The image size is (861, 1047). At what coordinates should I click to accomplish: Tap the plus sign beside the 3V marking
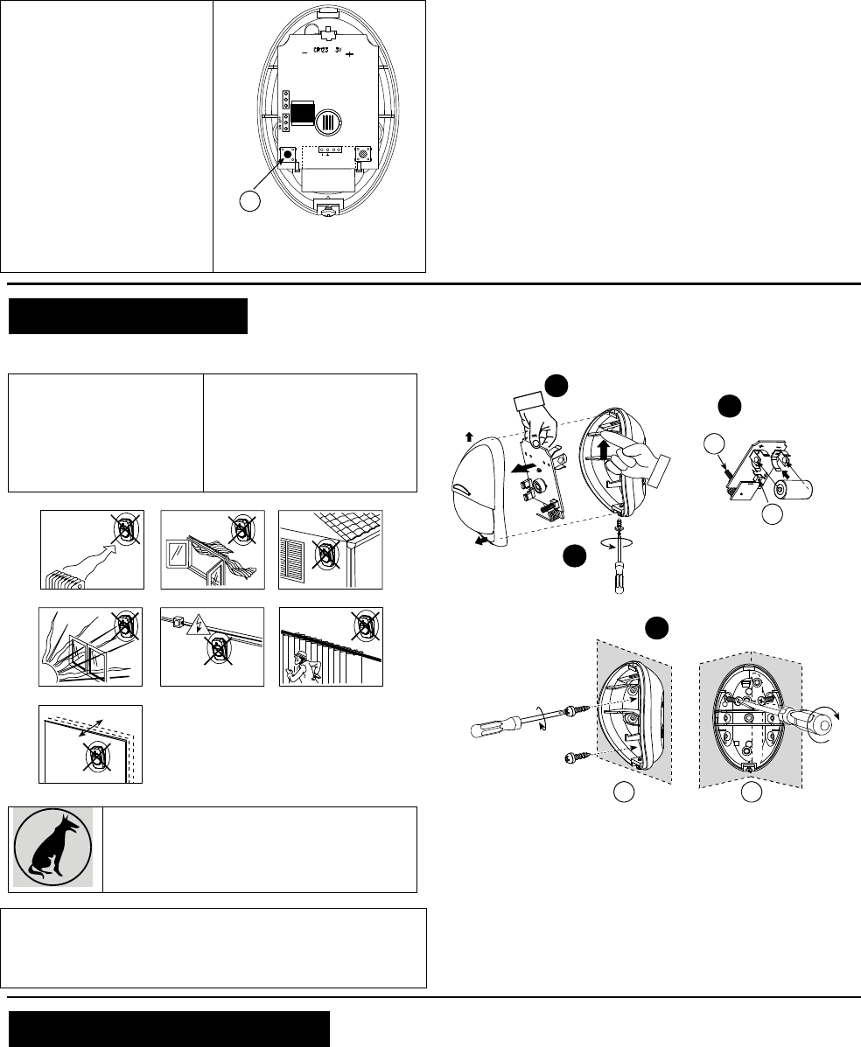(x=349, y=53)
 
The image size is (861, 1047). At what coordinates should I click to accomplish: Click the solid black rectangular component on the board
(x=303, y=114)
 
